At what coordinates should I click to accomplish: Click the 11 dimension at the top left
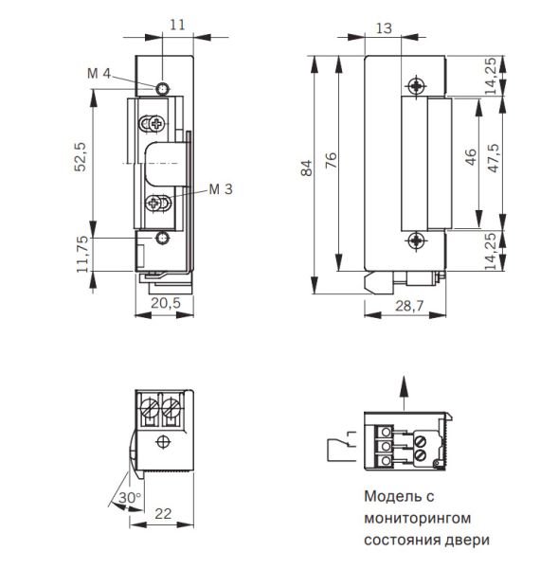(179, 27)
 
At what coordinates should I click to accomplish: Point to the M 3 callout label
(220, 189)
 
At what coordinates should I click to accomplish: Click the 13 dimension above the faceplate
(384, 29)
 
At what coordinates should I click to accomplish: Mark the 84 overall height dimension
(305, 169)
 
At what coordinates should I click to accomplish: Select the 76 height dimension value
(331, 162)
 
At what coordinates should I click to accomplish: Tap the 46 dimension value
(471, 157)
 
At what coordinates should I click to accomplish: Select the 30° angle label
(131, 498)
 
